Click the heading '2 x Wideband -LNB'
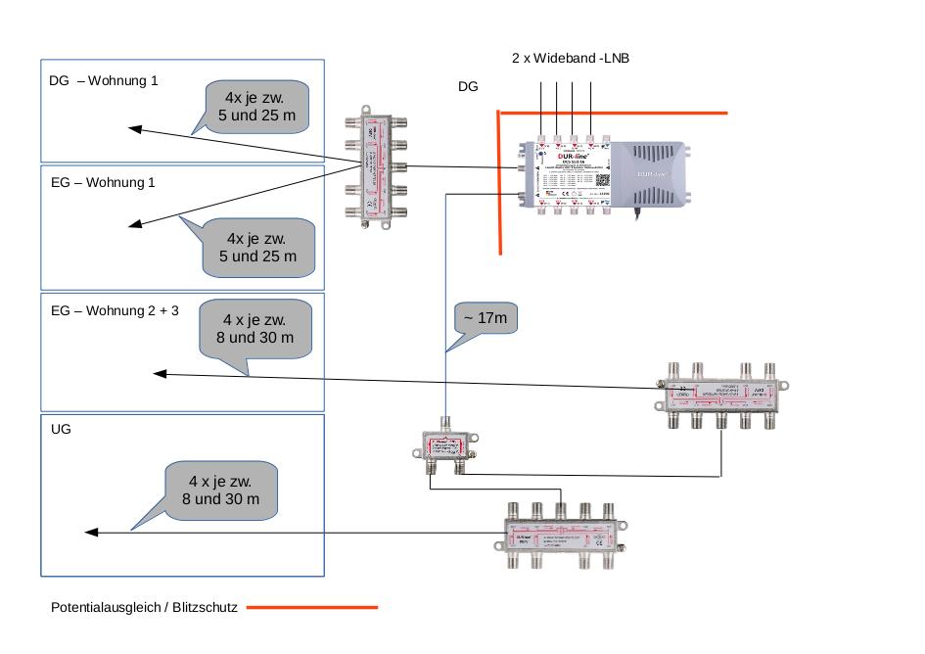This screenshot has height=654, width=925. (571, 59)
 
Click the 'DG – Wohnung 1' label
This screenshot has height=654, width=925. (103, 81)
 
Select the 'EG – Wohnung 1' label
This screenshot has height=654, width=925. (103, 183)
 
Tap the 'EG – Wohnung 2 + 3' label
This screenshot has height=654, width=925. (115, 311)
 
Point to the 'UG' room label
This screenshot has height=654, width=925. (61, 430)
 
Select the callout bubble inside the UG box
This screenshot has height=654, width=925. (220, 490)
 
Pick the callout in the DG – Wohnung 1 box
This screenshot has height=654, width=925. (259, 108)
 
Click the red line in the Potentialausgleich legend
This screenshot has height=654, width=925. (311, 608)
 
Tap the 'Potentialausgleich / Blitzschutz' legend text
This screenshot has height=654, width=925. (144, 608)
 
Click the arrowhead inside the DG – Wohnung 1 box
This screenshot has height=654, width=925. (136, 128)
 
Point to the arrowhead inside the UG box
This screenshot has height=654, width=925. (91, 533)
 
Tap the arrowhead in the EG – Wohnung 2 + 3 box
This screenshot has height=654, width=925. (160, 373)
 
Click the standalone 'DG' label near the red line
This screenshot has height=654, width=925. (468, 87)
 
